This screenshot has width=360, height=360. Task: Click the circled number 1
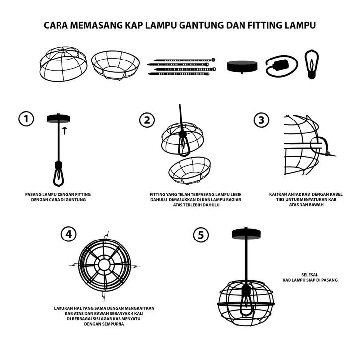(26, 119)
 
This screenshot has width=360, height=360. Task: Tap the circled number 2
(147, 120)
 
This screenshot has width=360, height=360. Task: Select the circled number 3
(261, 120)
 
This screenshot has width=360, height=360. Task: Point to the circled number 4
(69, 234)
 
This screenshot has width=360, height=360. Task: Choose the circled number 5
(201, 235)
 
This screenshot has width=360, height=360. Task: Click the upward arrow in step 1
(65, 130)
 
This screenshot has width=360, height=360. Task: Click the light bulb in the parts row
(311, 64)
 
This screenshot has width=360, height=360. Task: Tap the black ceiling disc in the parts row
(242, 67)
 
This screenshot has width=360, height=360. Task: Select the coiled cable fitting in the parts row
(282, 66)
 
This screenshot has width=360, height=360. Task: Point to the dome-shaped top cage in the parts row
(63, 64)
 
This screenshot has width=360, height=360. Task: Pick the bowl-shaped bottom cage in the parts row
(115, 65)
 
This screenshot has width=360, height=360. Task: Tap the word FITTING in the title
(265, 25)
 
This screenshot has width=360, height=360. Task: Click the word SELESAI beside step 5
(310, 275)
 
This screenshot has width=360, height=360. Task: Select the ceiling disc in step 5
(246, 234)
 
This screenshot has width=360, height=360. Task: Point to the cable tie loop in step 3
(320, 146)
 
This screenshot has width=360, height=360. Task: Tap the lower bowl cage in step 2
(189, 171)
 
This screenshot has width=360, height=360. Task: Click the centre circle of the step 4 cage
(104, 265)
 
